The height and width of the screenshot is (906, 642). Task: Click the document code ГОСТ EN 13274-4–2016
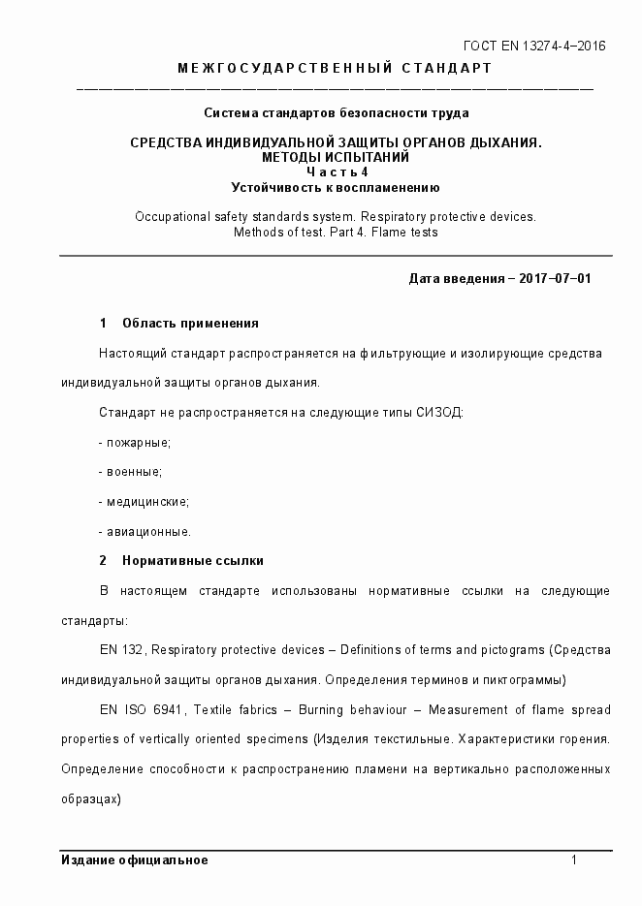(534, 46)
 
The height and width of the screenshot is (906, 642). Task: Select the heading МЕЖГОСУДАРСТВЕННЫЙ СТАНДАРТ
(335, 68)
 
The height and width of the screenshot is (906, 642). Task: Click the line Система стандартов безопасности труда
(337, 113)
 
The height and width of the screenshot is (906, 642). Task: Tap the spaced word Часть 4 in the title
(337, 172)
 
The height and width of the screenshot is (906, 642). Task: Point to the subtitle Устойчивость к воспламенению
(337, 187)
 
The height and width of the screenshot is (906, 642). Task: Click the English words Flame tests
(404, 232)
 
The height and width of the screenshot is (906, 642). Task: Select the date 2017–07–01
(555, 278)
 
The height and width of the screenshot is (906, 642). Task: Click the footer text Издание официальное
(134, 860)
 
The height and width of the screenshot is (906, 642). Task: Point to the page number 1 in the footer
(575, 860)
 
